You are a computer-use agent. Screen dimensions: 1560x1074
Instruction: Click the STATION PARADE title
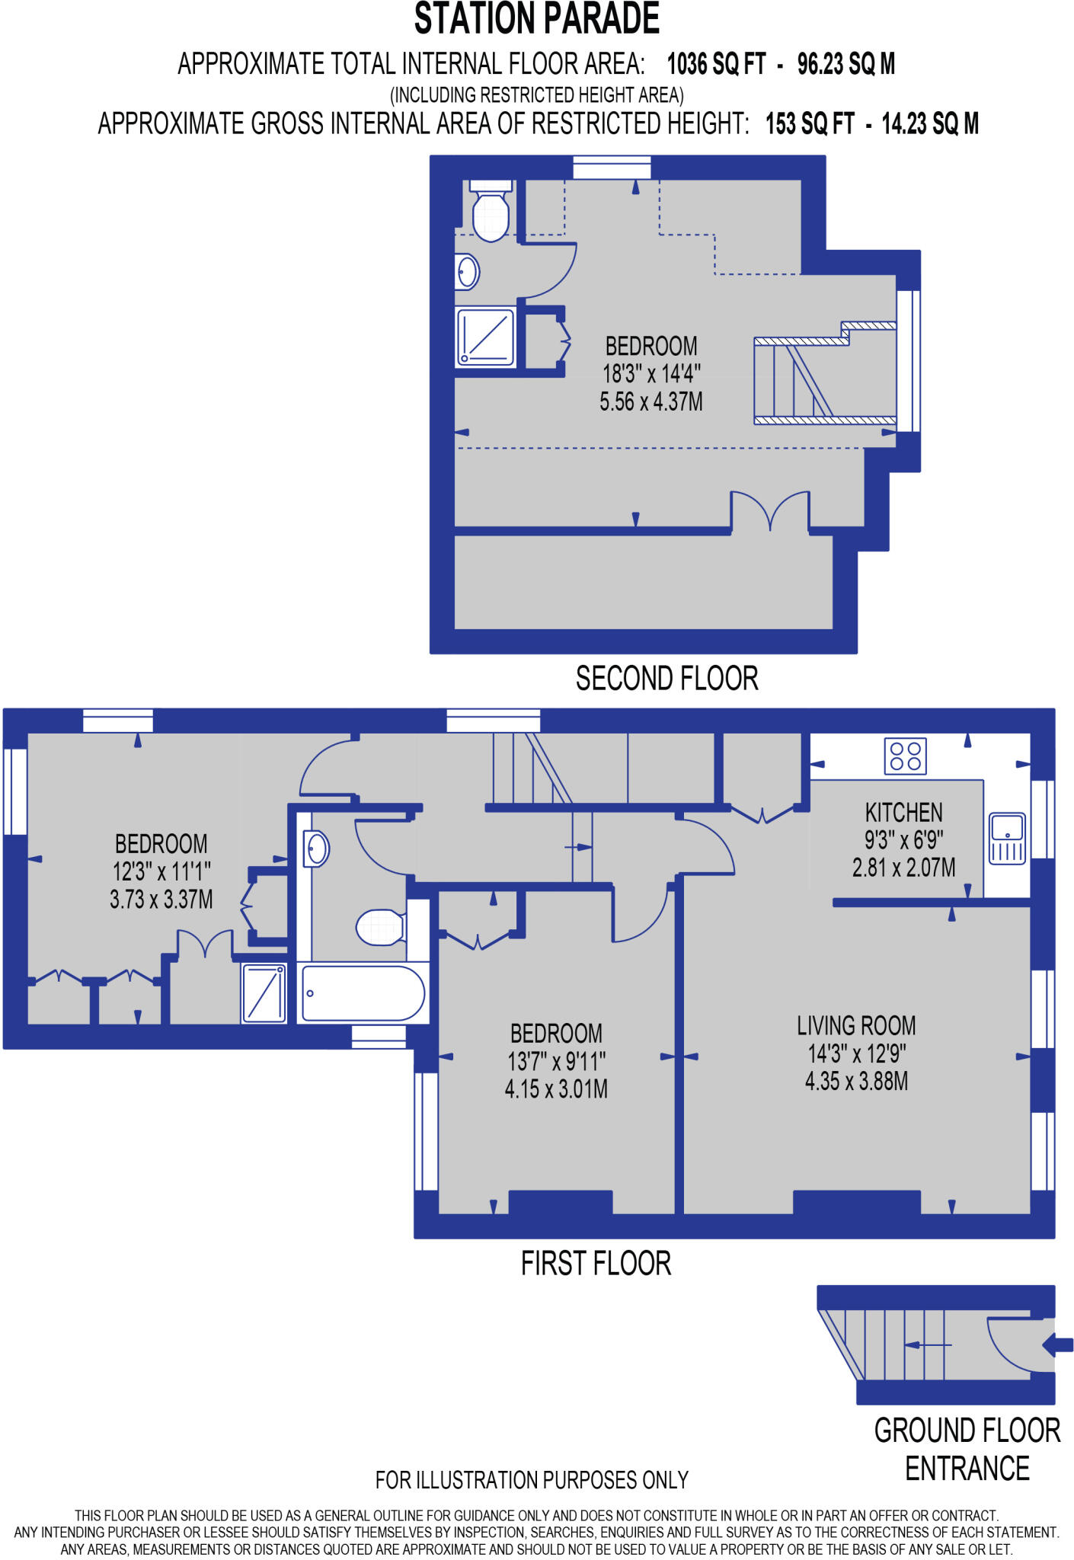[x=536, y=20]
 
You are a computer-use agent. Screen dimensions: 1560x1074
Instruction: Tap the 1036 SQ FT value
[x=715, y=65]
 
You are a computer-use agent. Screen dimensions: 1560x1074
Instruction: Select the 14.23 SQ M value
[x=929, y=124]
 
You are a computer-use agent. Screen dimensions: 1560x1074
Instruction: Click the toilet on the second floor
[x=491, y=213]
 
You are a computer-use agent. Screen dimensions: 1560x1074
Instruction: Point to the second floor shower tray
[x=486, y=337]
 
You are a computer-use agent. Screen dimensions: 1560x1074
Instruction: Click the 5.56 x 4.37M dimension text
[x=650, y=402]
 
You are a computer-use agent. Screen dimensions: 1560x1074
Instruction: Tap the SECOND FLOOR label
[x=666, y=679]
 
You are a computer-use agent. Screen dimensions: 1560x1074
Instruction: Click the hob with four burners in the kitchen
[x=905, y=756]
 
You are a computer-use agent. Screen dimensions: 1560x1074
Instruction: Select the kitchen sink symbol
[x=1007, y=837]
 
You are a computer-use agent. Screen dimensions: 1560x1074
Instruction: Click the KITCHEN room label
[x=903, y=813]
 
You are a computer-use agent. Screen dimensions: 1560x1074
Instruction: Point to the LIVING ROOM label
[x=856, y=1026]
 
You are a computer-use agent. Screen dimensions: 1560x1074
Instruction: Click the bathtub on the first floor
[x=363, y=993]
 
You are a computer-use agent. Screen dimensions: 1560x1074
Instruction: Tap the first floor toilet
[x=380, y=927]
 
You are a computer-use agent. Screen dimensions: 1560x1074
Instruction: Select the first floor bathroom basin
[x=317, y=849]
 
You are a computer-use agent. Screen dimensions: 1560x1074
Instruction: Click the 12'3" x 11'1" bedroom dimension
[x=161, y=871]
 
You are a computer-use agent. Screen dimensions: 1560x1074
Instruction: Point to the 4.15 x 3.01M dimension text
[x=556, y=1089]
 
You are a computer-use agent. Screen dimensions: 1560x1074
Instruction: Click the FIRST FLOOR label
[x=596, y=1264]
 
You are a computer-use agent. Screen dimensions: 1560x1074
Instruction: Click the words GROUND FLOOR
[x=967, y=1431]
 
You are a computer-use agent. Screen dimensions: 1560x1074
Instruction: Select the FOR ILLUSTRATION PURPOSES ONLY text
[x=532, y=1480]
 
